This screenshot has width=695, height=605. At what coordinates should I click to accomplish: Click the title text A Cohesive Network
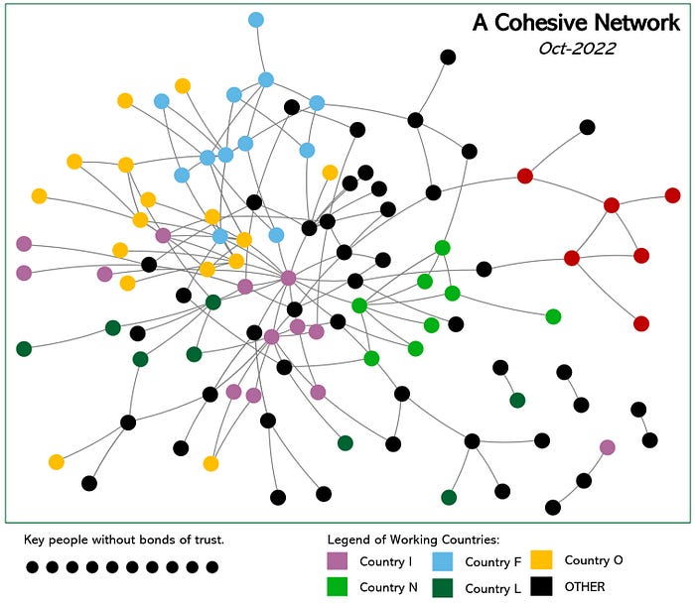click(576, 23)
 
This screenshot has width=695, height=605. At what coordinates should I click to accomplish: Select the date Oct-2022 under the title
click(576, 48)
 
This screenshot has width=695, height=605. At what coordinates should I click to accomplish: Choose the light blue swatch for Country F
click(442, 562)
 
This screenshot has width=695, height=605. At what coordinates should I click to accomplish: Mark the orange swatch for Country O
click(542, 560)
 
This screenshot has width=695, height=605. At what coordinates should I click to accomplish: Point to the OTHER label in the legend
click(584, 586)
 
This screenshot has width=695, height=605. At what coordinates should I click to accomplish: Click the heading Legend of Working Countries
click(413, 540)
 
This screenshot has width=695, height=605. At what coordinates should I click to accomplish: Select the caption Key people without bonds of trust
click(125, 540)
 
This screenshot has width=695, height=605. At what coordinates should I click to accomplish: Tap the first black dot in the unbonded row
click(33, 567)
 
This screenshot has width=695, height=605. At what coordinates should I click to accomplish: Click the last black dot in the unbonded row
click(212, 567)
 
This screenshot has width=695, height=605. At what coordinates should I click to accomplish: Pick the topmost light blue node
click(256, 20)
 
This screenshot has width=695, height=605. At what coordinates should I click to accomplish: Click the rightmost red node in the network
click(672, 195)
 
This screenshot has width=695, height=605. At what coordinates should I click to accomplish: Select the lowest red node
click(641, 323)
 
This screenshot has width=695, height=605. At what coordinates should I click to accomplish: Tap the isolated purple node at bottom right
click(607, 447)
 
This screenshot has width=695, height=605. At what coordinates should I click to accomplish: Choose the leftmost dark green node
click(24, 348)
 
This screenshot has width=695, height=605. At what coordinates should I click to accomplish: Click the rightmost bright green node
click(553, 316)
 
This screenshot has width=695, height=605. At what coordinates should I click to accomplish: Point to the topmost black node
click(448, 57)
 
